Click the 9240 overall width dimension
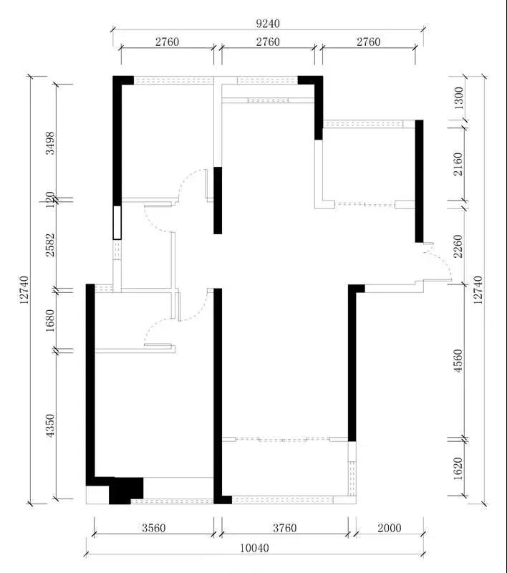pyautogui.click(x=268, y=24)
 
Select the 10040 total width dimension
pyautogui.click(x=255, y=548)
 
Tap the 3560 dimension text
pyautogui.click(x=154, y=528)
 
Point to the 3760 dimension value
pyautogui.click(x=284, y=528)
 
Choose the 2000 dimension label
pyautogui.click(x=390, y=528)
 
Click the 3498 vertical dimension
pyautogui.click(x=49, y=143)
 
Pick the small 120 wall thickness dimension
pyautogui.click(x=49, y=200)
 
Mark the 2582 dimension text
pyautogui.click(x=49, y=245)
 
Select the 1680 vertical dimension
pyautogui.click(x=49, y=320)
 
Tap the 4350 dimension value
pyautogui.click(x=49, y=425)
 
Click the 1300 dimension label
pyautogui.click(x=458, y=98)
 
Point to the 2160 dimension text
pyautogui.click(x=458, y=164)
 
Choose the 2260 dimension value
pyautogui.click(x=458, y=246)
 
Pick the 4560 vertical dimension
pyautogui.click(x=458, y=361)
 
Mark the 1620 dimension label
pyautogui.click(x=458, y=468)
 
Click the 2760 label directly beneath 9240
pyautogui.click(x=268, y=42)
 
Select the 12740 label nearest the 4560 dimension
pyautogui.click(x=478, y=290)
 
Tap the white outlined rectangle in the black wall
pyautogui.click(x=117, y=223)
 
